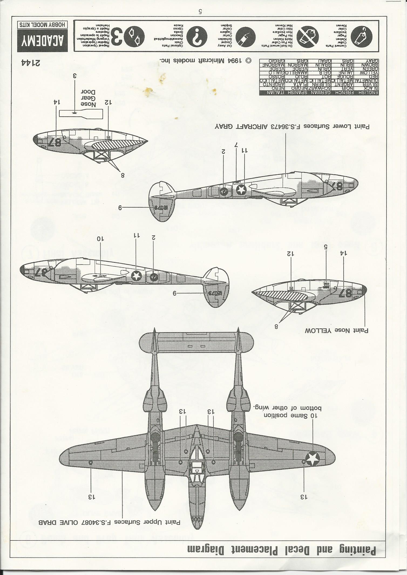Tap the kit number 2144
pyautogui.click(x=30, y=63)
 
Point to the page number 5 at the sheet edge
pyautogui.click(x=200, y=12)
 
